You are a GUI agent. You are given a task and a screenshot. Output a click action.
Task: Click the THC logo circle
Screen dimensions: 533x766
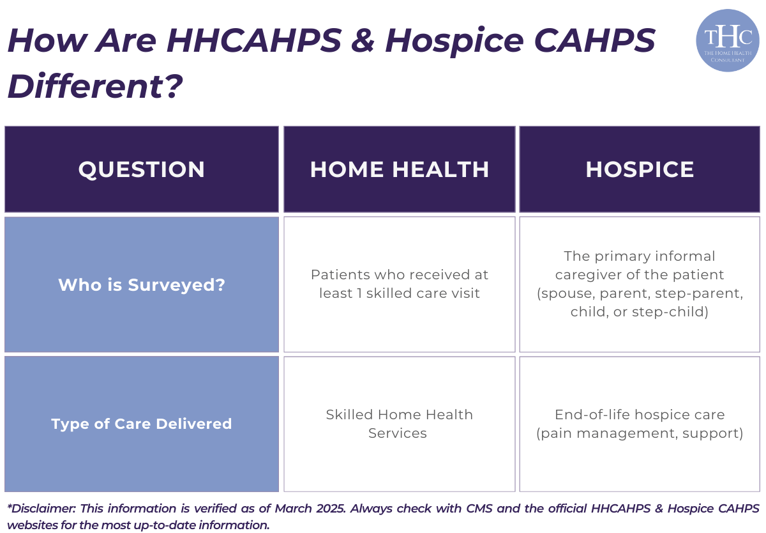tap(727, 40)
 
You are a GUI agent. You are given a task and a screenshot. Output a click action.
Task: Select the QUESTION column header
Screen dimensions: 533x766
tap(142, 169)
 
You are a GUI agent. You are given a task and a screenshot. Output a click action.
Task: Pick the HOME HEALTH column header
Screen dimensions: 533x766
tap(400, 169)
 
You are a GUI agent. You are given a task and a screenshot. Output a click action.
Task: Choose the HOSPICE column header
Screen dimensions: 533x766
tap(640, 169)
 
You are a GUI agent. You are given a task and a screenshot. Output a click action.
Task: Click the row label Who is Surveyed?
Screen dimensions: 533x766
tap(142, 284)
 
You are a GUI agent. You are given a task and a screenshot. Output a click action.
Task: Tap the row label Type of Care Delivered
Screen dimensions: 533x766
tap(142, 424)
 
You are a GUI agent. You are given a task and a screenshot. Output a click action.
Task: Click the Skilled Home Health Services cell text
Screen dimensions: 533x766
tap(399, 424)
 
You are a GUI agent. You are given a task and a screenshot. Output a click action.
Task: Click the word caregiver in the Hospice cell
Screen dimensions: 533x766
tap(585, 275)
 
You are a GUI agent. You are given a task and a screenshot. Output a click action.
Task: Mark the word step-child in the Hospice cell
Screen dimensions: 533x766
tap(676, 313)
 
